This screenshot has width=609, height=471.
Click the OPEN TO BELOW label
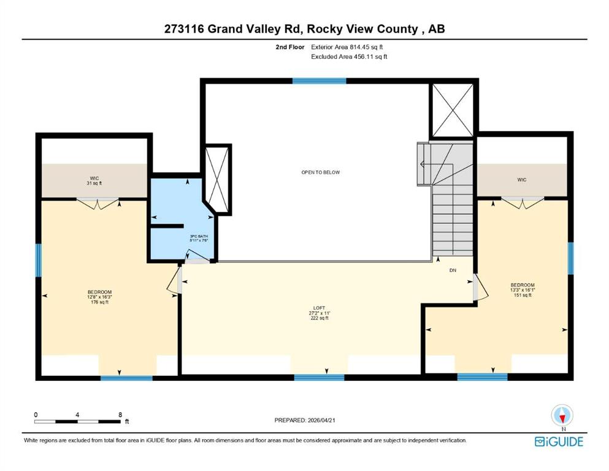click(320, 172)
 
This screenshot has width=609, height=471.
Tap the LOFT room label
click(320, 313)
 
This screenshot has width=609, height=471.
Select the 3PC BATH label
click(199, 239)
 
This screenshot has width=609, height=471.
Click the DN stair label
click(453, 270)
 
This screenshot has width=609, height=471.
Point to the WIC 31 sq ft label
click(94, 181)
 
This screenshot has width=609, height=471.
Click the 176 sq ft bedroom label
click(100, 297)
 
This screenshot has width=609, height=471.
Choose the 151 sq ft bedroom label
click(523, 290)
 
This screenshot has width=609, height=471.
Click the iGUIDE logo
click(559, 442)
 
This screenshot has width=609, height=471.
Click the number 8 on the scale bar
click(120, 415)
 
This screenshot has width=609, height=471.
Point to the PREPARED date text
click(304, 420)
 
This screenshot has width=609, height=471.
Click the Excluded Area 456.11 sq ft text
click(349, 56)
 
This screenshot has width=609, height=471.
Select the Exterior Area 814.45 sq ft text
click(347, 47)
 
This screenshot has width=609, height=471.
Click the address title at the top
click(304, 29)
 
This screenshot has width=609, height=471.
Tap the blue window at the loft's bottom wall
click(319, 377)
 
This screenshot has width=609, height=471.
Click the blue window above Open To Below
click(319, 81)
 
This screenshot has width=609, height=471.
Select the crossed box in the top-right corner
click(453, 110)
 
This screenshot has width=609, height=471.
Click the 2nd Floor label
click(290, 47)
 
